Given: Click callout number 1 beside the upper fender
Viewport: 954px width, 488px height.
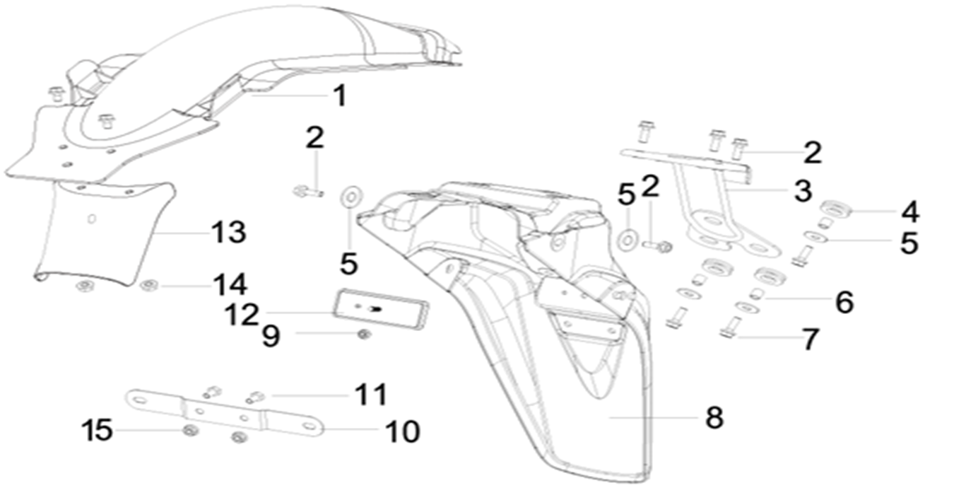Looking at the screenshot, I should pyautogui.click(x=340, y=95).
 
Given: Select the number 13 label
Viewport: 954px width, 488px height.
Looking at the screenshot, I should pyautogui.click(x=228, y=232).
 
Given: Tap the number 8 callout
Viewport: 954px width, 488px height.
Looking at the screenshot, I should pyautogui.click(x=714, y=417).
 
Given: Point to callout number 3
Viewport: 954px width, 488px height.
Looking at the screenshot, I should pyautogui.click(x=802, y=190).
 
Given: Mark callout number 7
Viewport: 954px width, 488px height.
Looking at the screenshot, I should pyautogui.click(x=809, y=339).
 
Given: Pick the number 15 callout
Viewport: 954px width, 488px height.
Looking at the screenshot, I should pyautogui.click(x=98, y=429).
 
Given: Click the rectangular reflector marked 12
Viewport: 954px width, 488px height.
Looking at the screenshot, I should pyautogui.click(x=381, y=308).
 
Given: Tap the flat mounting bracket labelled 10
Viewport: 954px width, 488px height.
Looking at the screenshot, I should pyautogui.click(x=226, y=414).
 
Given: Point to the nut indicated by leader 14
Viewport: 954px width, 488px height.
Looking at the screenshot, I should pyautogui.click(x=148, y=285).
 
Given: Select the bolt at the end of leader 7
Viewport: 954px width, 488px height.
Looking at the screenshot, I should pyautogui.click(x=730, y=327).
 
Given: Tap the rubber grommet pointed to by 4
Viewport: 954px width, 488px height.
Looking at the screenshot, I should pyautogui.click(x=836, y=210).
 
